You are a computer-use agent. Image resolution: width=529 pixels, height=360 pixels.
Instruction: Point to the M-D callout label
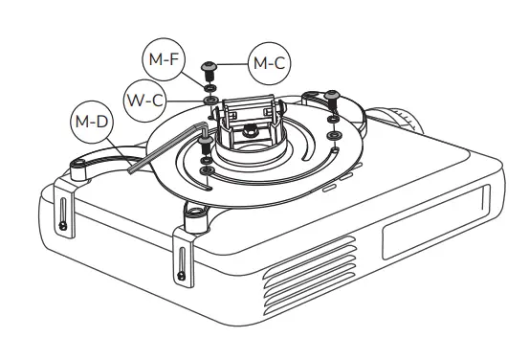point(93,124)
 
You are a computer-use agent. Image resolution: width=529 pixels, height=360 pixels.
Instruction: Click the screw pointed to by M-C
point(209,69)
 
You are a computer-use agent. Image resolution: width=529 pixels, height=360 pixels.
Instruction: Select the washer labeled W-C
point(209,100)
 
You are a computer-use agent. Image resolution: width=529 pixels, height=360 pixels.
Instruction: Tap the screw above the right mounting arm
point(333,96)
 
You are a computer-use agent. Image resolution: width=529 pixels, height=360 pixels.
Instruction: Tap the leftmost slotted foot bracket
point(62,209)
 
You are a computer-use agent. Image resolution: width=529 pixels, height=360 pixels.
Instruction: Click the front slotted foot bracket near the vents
point(181,263)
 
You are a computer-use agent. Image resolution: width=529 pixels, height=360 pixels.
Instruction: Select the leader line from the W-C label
point(183,98)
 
